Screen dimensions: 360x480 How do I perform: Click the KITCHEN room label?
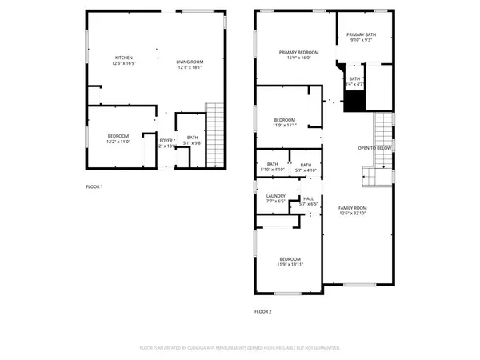point(123,58)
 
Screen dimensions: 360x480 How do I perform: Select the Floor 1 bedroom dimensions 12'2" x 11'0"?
point(118,142)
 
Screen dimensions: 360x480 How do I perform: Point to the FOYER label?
point(166,141)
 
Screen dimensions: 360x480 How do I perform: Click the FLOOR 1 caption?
point(94,186)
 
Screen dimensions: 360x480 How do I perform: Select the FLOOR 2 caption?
point(263,311)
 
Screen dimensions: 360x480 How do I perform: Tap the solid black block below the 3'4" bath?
point(354,102)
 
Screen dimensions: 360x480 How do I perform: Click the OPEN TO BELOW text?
point(374,148)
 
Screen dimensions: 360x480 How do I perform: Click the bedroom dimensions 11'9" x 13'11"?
point(290,264)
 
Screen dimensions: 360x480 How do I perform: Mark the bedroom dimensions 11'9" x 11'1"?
point(285,125)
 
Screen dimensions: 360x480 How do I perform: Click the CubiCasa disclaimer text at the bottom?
point(240,349)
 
